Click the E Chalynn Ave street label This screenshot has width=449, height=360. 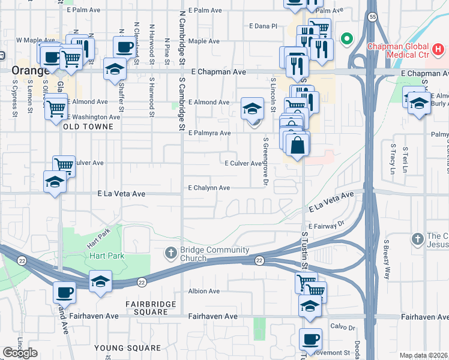coord(209,188)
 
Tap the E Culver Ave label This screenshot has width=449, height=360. coord(243,163)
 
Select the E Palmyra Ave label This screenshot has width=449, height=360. coord(209,133)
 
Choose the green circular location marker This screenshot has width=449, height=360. coord(346,40)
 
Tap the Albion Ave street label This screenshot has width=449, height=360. coord(204,291)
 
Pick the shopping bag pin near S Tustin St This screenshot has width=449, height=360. coord(297,145)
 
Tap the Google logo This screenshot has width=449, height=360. coord(20,353)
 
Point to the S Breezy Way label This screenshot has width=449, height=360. coord(387,260)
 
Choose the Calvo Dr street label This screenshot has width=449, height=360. coord(343,328)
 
